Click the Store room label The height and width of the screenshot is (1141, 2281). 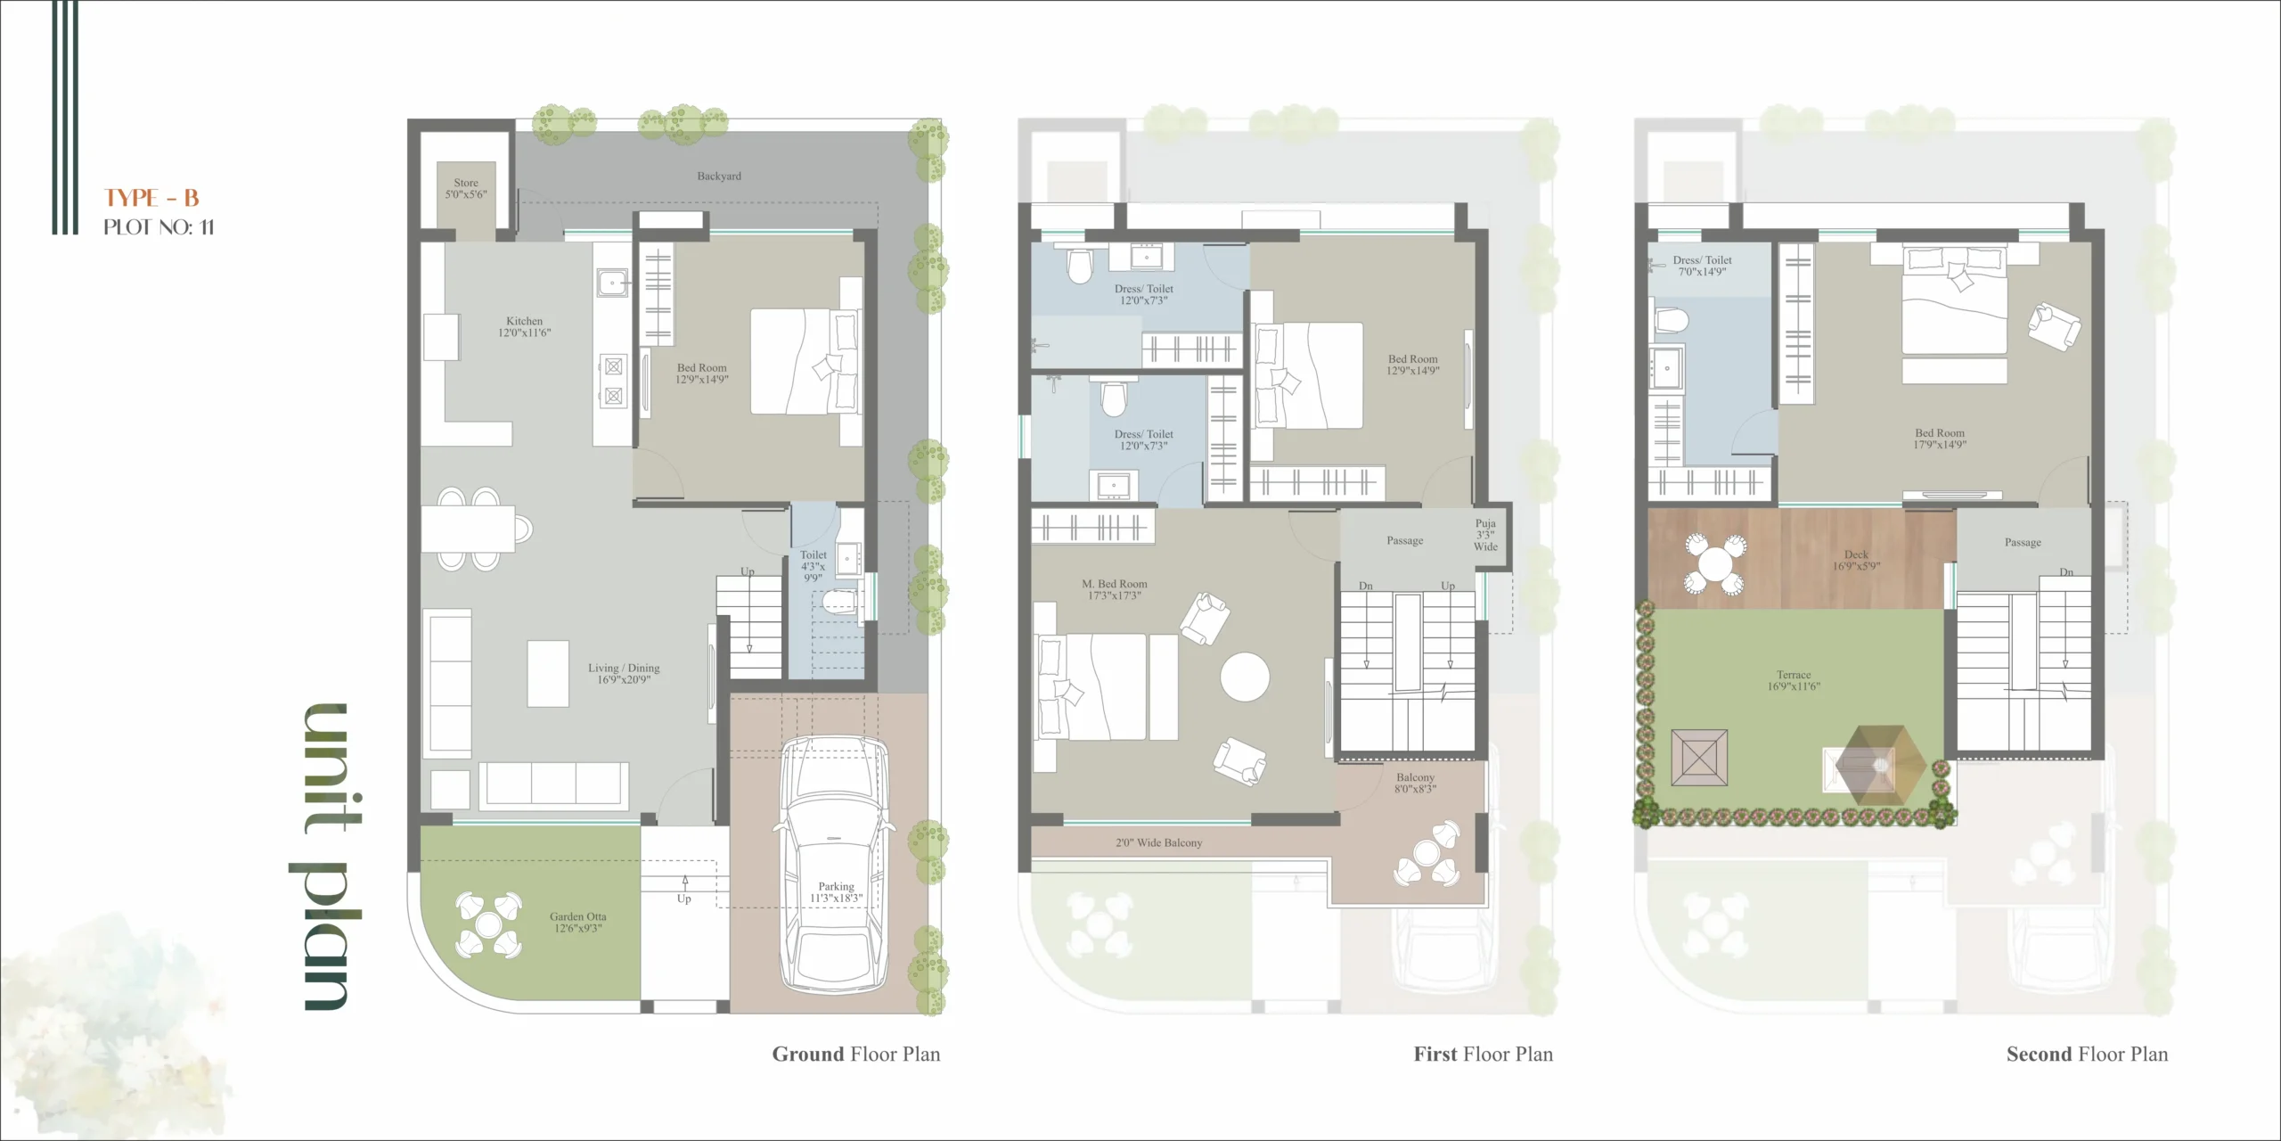click(466, 188)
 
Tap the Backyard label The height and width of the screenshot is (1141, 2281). click(719, 176)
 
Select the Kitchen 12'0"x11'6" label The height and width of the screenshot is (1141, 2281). click(524, 326)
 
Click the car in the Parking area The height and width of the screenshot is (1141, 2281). click(835, 863)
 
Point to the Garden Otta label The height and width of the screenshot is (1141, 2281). click(577, 922)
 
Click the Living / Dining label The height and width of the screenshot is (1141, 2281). click(624, 673)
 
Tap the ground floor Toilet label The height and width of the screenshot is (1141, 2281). click(813, 566)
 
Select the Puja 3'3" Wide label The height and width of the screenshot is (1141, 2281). click(1485, 535)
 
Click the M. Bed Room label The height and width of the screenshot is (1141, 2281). click(1115, 589)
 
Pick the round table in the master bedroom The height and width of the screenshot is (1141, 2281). click(1245, 677)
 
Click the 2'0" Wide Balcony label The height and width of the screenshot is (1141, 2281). click(1158, 842)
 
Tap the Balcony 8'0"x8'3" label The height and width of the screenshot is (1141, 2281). click(1416, 783)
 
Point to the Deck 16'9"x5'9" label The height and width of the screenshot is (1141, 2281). click(1856, 560)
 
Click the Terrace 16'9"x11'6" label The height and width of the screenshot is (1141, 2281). click(1794, 680)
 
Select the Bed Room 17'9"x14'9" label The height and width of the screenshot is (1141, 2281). click(1940, 439)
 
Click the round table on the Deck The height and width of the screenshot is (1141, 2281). click(1714, 563)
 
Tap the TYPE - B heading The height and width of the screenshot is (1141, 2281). click(151, 198)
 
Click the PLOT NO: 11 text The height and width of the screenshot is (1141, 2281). click(159, 227)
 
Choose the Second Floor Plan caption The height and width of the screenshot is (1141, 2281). click(2087, 1054)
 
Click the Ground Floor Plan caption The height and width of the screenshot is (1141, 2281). click(855, 1054)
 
